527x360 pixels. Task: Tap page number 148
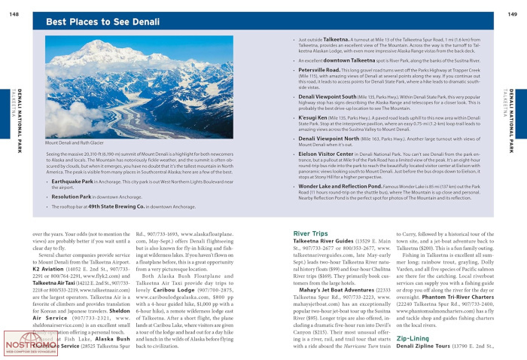click(14, 5)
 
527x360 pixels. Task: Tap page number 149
click(512, 5)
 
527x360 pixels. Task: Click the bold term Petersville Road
click(321, 69)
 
